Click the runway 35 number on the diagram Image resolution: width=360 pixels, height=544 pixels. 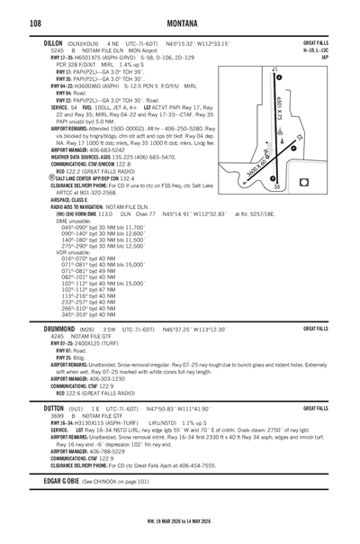point(302,186)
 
